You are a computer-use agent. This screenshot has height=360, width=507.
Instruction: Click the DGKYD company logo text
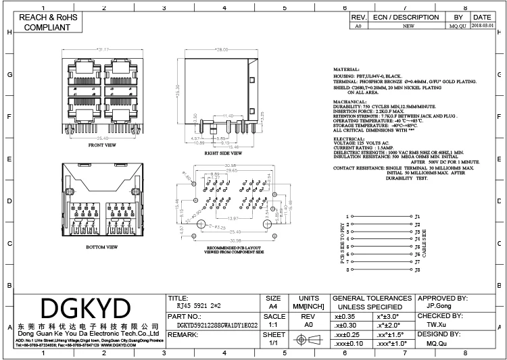(x=86, y=309)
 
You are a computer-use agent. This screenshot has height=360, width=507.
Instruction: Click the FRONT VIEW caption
(x=102, y=145)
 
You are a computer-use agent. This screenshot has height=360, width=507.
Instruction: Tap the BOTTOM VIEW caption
(x=103, y=247)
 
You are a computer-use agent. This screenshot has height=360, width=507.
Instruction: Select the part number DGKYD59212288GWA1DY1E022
(x=212, y=324)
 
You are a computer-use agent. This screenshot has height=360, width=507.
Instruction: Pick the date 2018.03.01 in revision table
(x=482, y=26)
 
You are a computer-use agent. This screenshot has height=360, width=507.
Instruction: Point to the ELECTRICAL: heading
(x=350, y=138)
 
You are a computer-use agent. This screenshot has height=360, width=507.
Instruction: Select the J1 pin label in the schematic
(x=417, y=217)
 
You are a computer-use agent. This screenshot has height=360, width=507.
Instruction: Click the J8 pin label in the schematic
(x=417, y=269)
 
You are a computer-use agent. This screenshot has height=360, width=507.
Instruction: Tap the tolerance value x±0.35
(x=345, y=315)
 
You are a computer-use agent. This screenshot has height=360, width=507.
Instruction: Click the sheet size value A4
(x=273, y=305)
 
